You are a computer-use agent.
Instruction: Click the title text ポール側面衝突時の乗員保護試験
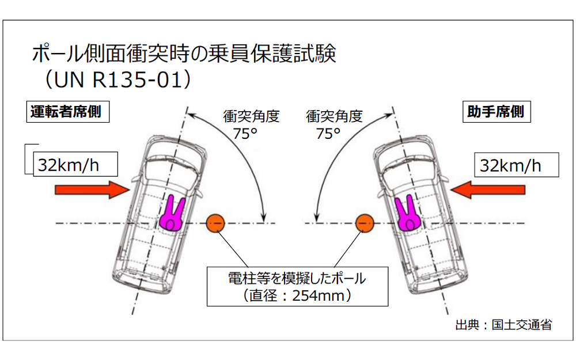(184, 54)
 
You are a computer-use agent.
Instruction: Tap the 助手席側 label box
(494, 111)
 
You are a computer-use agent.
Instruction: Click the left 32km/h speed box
(75, 165)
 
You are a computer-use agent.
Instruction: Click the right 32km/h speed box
(516, 165)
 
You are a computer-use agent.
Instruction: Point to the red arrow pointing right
(91, 190)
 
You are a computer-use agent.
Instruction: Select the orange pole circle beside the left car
(215, 223)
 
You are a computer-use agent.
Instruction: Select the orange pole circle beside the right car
(364, 223)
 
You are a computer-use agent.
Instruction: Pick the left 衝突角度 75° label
(251, 124)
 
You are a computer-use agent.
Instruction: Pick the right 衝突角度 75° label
(334, 124)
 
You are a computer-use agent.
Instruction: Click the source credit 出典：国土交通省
(503, 324)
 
